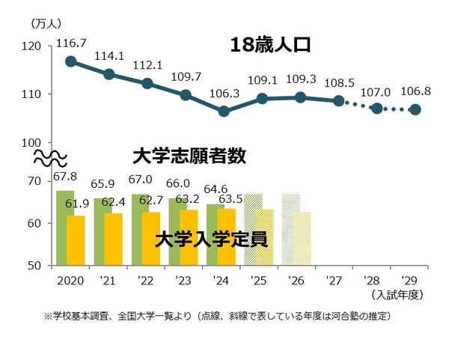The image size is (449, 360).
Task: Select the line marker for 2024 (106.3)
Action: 224,111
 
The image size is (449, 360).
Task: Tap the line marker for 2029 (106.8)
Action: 416,109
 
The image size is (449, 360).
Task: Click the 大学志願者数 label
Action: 189,156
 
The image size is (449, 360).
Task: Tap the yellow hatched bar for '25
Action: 264,237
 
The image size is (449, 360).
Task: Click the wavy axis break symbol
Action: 51,159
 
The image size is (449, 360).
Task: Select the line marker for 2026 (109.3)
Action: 301,97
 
